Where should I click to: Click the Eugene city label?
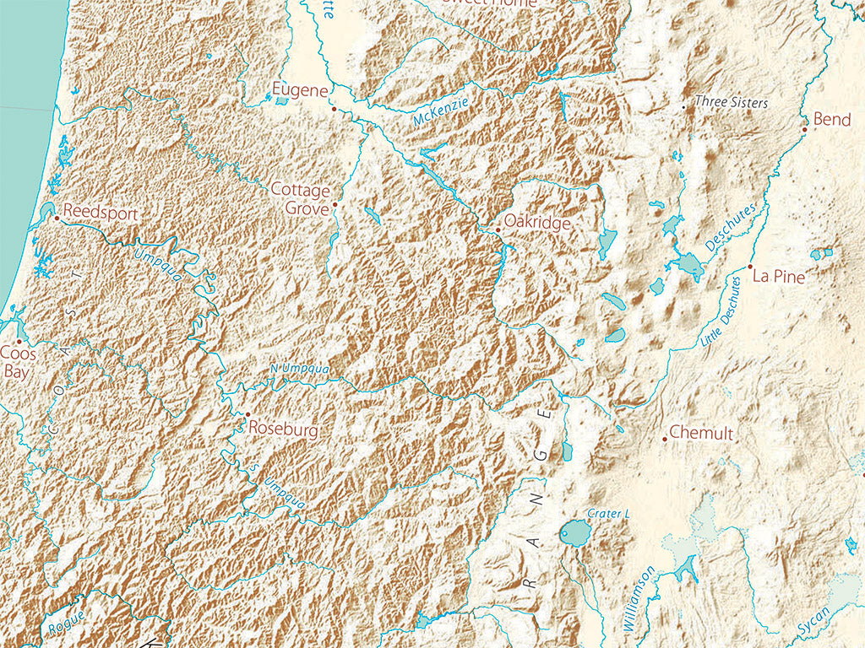(299, 89)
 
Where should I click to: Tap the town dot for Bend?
(805, 130)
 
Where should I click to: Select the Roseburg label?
(283, 430)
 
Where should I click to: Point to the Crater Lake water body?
(575, 532)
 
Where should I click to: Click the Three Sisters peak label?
(731, 102)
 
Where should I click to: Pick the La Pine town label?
(779, 276)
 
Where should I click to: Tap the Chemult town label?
(701, 434)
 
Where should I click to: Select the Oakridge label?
(537, 223)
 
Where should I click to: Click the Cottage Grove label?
(300, 198)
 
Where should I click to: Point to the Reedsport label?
(100, 213)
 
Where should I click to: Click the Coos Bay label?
(19, 362)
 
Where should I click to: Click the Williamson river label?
(638, 599)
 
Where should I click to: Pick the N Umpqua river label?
(300, 370)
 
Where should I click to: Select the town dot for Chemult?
(665, 439)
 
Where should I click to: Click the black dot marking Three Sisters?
(683, 107)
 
